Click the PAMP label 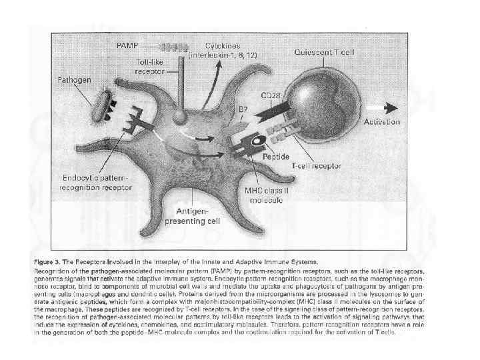[x=128, y=44]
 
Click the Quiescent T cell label [x=325, y=51]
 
